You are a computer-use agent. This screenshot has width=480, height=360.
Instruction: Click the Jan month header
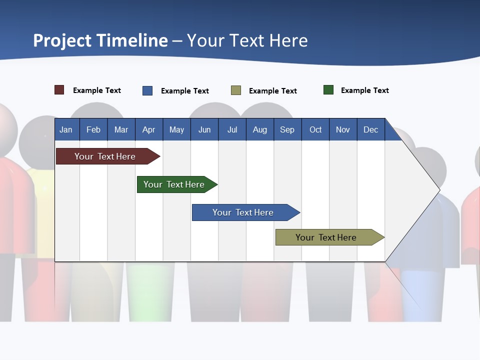click(x=66, y=129)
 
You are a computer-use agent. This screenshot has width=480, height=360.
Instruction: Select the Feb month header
click(x=93, y=129)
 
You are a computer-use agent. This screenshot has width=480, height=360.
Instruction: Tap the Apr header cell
click(x=149, y=129)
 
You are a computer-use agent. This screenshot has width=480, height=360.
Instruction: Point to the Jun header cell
click(x=204, y=129)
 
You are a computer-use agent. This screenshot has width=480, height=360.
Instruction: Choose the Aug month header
click(x=260, y=129)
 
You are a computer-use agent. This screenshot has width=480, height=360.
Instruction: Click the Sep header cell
click(x=287, y=129)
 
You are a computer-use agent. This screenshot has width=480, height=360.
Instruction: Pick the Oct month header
click(x=315, y=129)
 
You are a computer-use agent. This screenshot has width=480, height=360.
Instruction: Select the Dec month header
click(x=371, y=129)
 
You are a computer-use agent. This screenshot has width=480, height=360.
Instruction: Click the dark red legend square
click(x=59, y=90)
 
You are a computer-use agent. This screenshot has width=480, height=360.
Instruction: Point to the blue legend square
click(x=147, y=90)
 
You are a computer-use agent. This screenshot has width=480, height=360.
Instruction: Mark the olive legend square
click(x=236, y=90)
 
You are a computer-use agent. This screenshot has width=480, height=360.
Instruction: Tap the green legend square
click(x=328, y=90)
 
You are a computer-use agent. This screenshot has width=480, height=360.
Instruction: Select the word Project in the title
click(x=62, y=40)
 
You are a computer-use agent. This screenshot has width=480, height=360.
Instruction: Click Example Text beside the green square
click(x=364, y=90)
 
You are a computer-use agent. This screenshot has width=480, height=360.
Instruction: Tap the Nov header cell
click(x=343, y=129)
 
